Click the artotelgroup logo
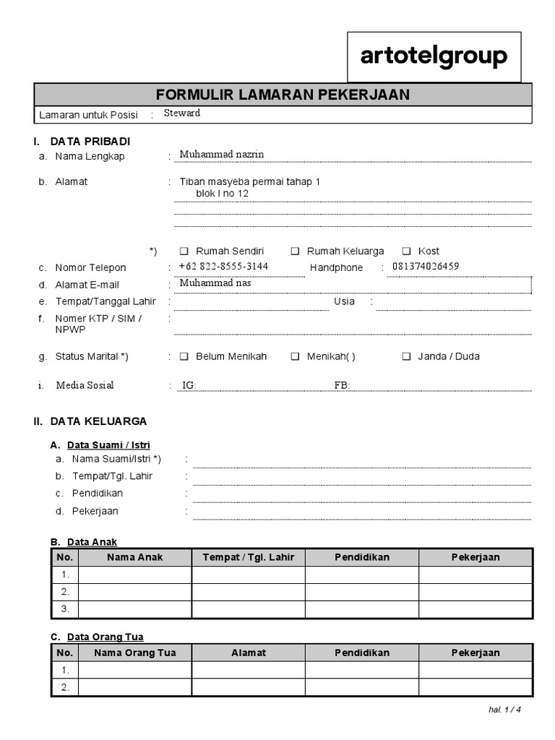coord(434,57)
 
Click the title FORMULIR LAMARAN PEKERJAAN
coord(283,95)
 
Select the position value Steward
coord(182,113)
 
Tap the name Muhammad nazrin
coord(222,155)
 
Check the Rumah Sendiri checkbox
coord(184,251)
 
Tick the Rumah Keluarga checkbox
coord(296,251)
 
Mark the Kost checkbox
coord(406,251)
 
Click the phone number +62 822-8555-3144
coord(223,267)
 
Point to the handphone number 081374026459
coord(426,267)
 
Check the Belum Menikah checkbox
coord(184,356)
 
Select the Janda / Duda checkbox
coord(406,356)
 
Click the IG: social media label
coord(189,386)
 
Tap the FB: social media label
coord(342,386)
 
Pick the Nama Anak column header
coord(135,557)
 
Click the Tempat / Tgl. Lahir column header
coord(249,557)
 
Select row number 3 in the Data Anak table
coord(65,609)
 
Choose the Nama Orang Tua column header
coord(135,653)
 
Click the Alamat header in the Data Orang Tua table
coord(249,653)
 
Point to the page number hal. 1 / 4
coord(504,709)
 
